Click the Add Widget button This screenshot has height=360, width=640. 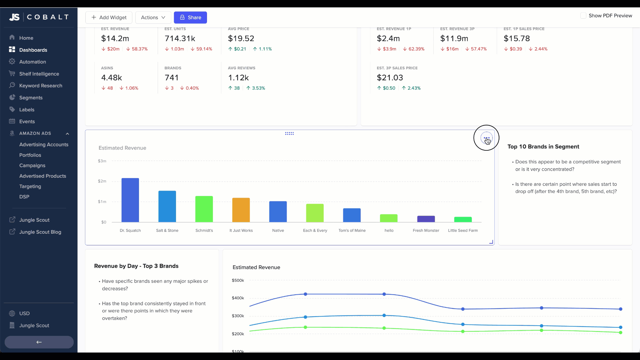click(x=109, y=17)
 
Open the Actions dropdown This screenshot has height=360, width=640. click(x=153, y=17)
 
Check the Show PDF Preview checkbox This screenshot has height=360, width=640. click(x=583, y=16)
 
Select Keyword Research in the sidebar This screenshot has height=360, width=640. click(x=41, y=86)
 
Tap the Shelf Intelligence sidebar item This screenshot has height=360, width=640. click(x=39, y=74)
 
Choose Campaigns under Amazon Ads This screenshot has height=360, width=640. click(x=32, y=165)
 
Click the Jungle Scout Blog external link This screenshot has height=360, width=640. click(x=40, y=232)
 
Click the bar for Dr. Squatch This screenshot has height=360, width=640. click(x=130, y=200)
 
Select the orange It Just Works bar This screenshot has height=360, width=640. click(x=241, y=210)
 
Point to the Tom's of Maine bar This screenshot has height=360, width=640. click(x=352, y=215)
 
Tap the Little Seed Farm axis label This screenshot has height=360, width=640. click(x=463, y=230)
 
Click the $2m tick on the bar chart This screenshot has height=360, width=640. click(x=102, y=181)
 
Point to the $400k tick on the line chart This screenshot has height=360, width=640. click(x=238, y=298)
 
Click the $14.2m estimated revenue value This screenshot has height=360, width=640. click(x=115, y=39)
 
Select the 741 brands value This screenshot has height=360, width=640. click(x=172, y=78)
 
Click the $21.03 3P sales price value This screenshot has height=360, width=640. click(x=390, y=78)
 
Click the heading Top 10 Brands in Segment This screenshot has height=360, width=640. click(x=543, y=147)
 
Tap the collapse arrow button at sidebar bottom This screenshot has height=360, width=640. click(x=39, y=342)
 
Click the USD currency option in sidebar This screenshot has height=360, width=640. click(x=24, y=313)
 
